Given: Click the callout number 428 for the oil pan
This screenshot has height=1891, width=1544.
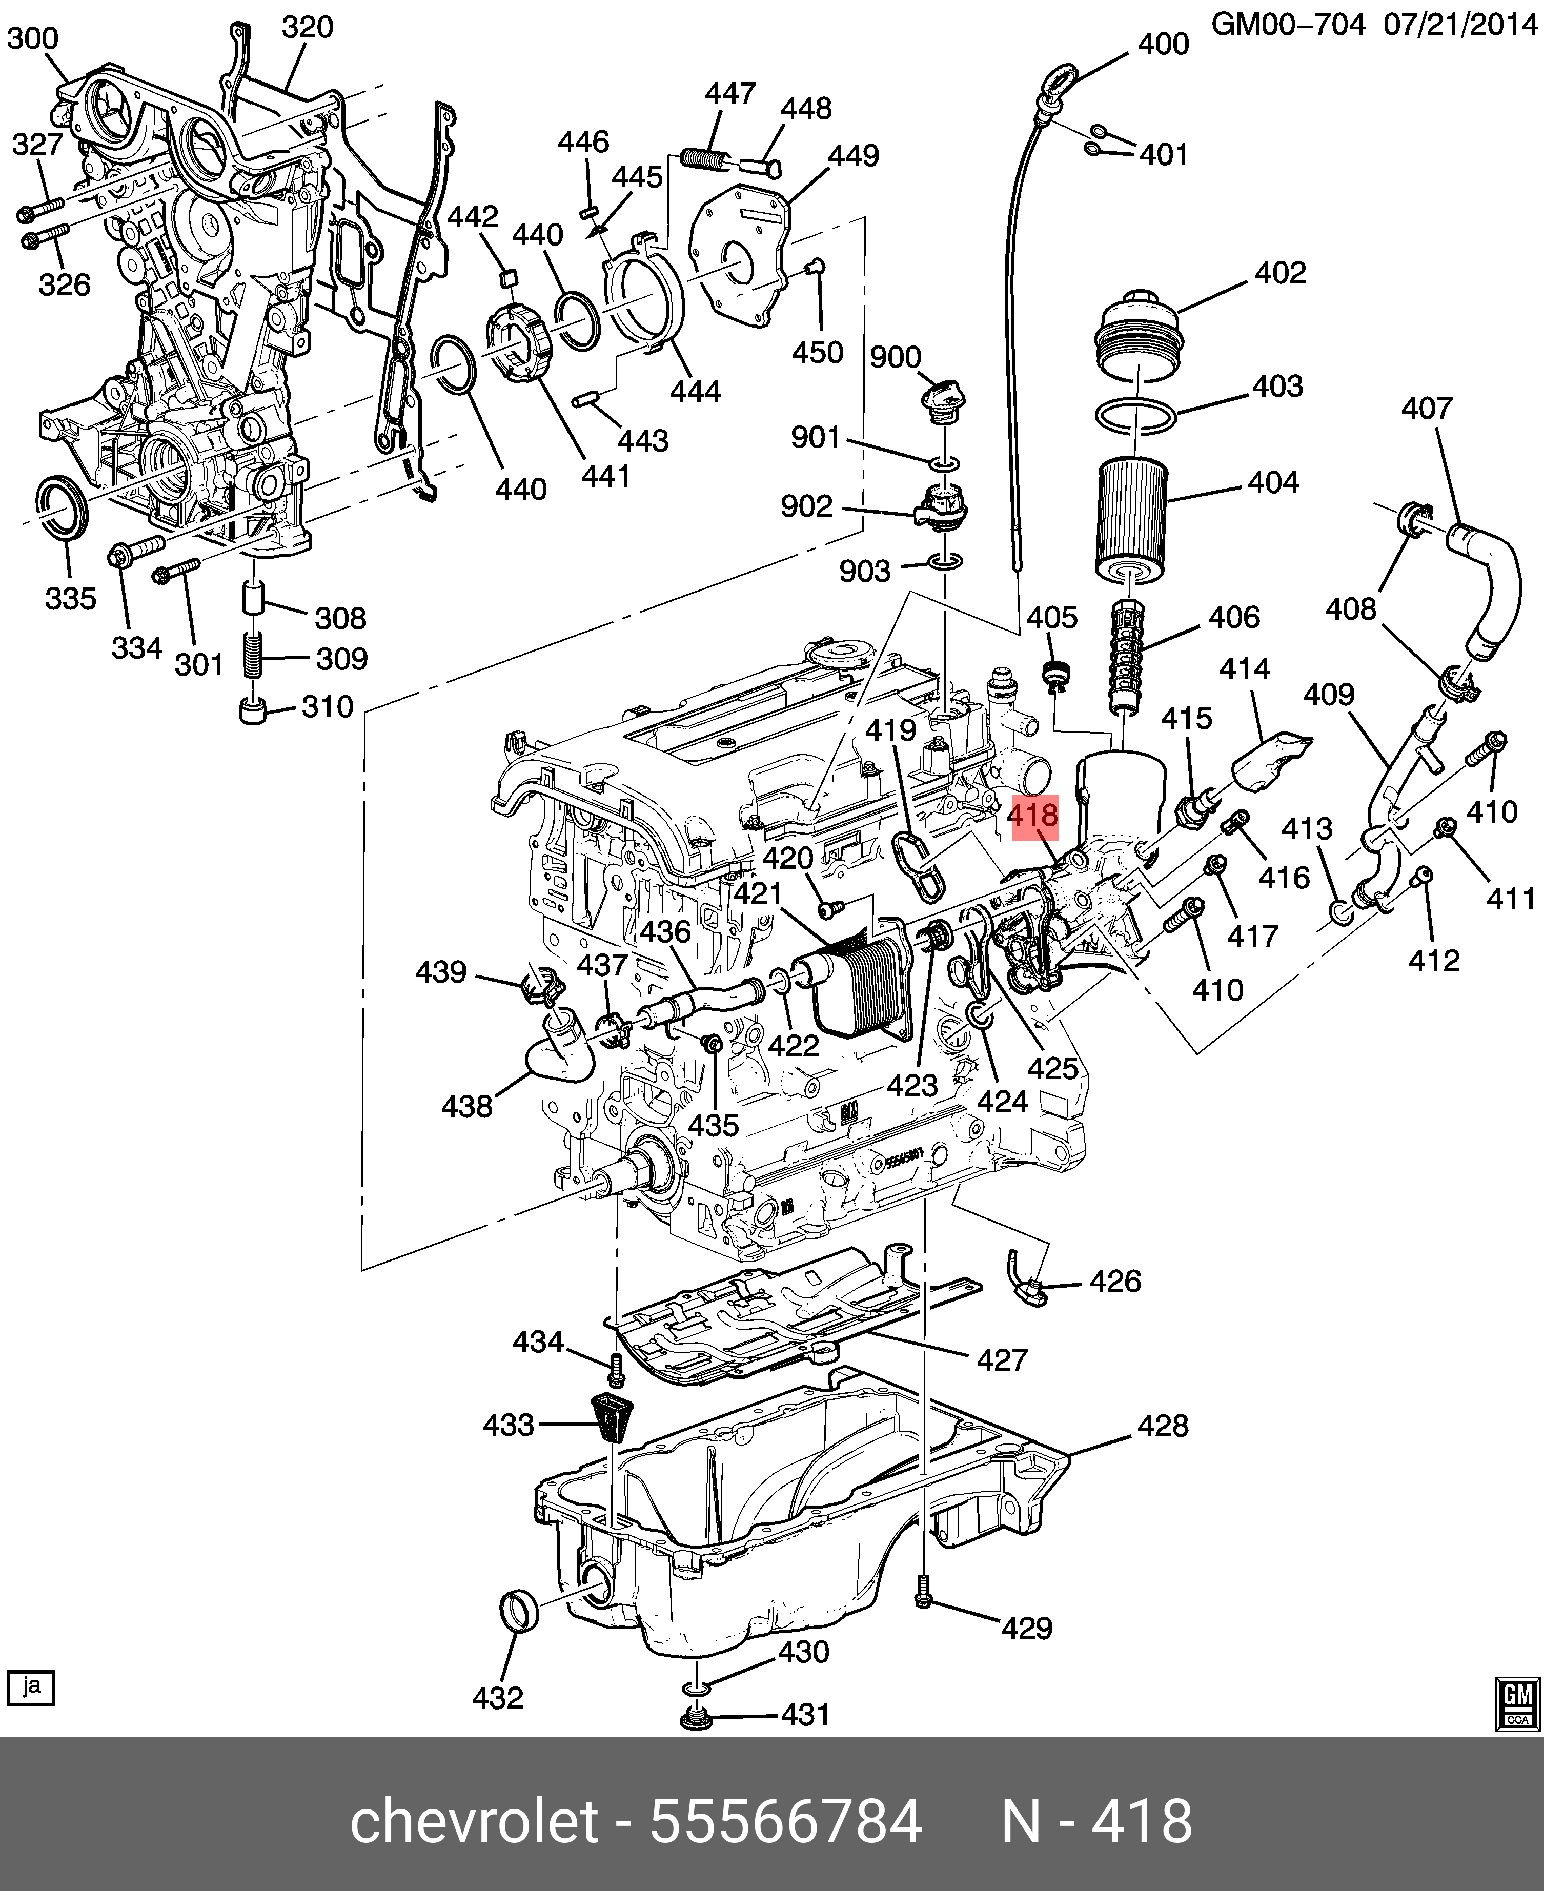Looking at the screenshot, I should (1163, 1426).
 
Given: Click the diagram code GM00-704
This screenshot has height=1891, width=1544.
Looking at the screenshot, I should (1287, 25).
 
